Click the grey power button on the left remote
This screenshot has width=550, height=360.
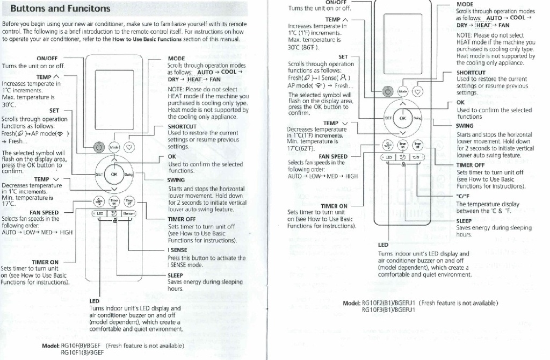point(98,146)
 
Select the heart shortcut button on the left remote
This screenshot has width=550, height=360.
point(129,146)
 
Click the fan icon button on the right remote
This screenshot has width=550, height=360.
point(388,145)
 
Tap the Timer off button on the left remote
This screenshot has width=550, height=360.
point(129,201)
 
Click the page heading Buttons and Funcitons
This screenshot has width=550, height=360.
point(60,9)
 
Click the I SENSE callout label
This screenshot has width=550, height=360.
point(177,250)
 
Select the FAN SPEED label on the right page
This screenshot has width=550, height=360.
point(332,156)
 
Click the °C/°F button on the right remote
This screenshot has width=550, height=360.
point(416,157)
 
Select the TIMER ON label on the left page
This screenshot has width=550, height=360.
point(45,262)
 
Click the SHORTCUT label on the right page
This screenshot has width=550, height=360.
point(471,73)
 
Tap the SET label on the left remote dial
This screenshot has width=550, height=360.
point(99,174)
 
